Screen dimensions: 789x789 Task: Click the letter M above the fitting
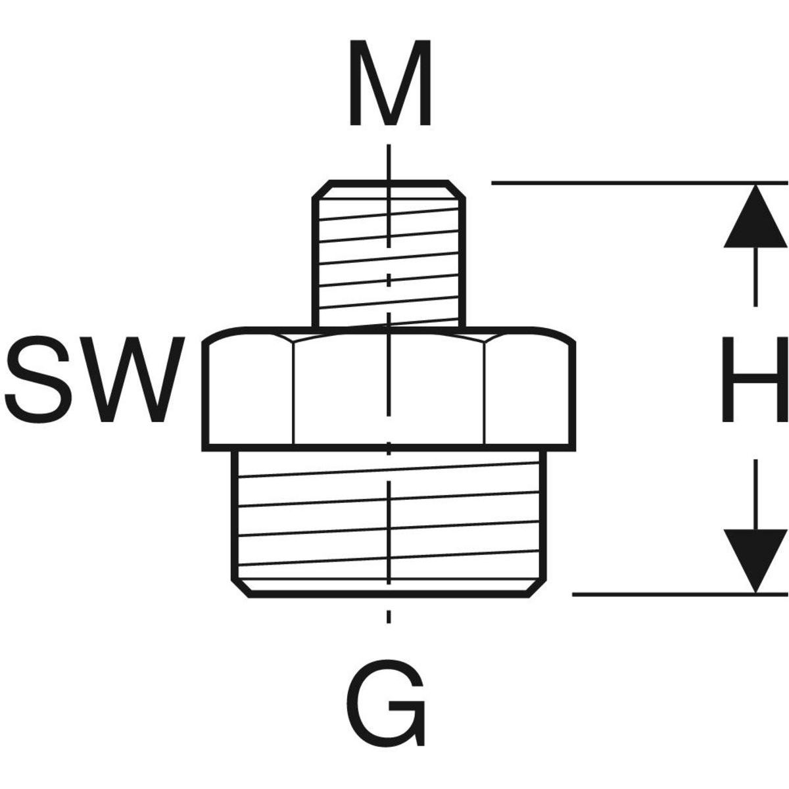pos(390,84)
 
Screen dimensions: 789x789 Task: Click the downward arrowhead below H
pos(755,559)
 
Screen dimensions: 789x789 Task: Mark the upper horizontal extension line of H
pos(638,182)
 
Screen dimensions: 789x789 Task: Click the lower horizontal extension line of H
pos(677,594)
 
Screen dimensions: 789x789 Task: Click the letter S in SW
pos(43,381)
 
